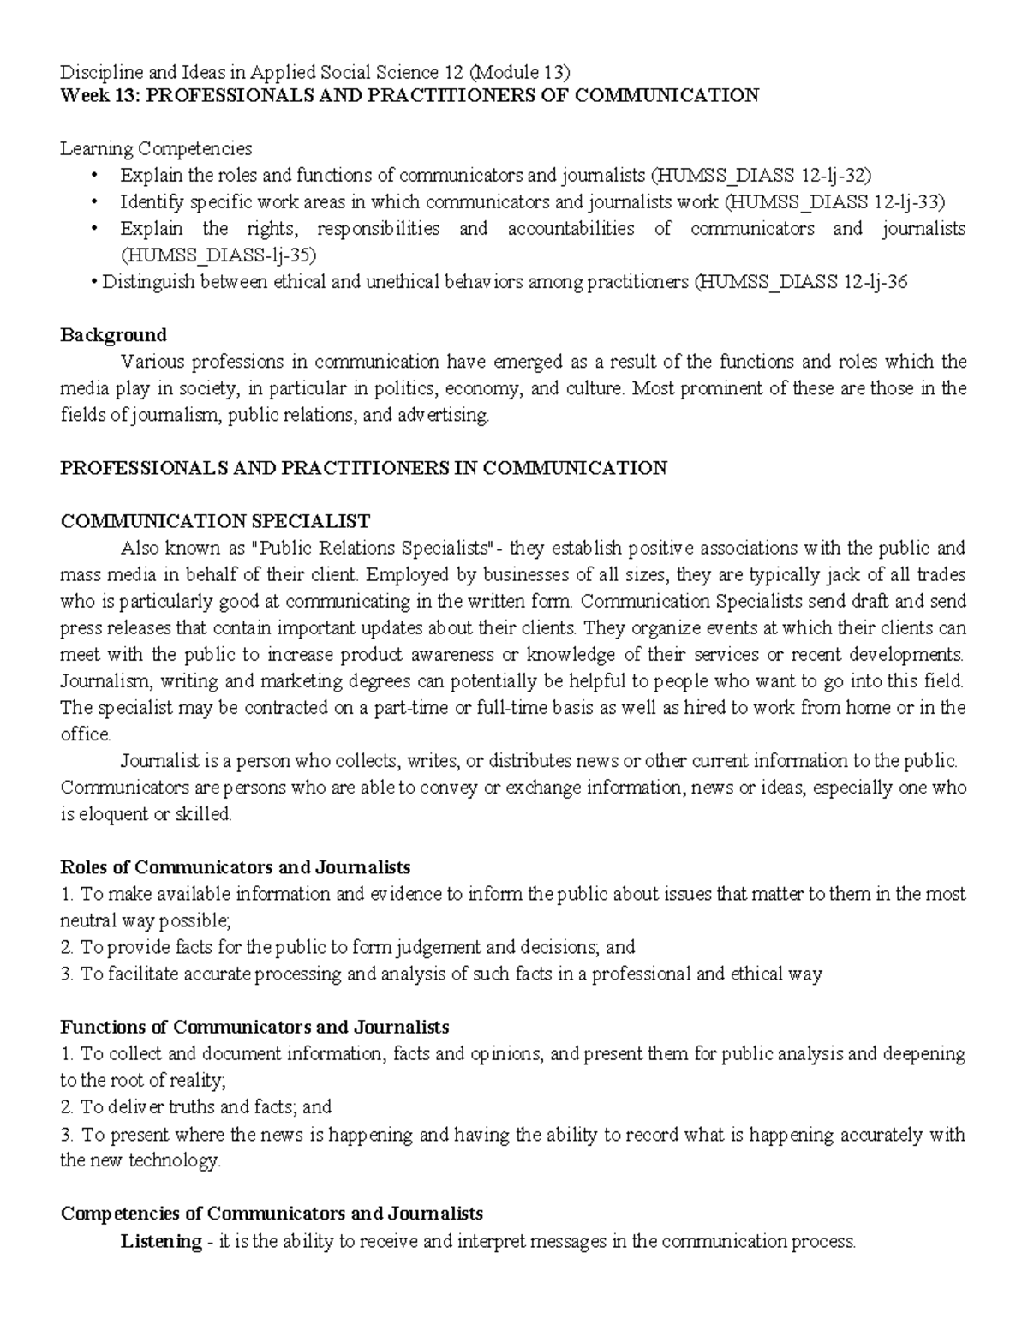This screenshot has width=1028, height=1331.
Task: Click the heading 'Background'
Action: [113, 334]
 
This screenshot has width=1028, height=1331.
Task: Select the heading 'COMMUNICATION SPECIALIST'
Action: [215, 521]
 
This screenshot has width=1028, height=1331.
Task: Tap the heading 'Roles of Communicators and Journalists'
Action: [236, 866]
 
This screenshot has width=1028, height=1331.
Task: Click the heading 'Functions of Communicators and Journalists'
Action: [254, 1027]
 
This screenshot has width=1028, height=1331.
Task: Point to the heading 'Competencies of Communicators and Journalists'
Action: [272, 1214]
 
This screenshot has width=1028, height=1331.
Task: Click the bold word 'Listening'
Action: [161, 1240]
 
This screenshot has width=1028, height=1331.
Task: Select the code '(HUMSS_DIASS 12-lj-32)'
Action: [761, 176]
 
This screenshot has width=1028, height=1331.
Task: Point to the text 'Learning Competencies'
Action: [156, 149]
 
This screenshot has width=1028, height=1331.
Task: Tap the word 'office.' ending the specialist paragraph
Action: [86, 734]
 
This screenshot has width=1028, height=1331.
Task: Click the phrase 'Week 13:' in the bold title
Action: [99, 95]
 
